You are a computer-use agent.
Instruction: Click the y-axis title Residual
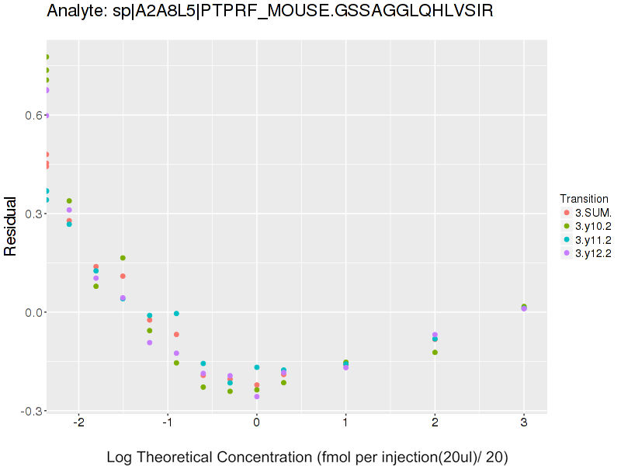[x=11, y=226]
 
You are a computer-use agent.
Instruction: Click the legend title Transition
[x=584, y=198]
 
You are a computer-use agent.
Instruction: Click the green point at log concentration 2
[x=435, y=353]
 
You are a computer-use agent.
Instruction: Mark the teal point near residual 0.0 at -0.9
[x=176, y=314]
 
